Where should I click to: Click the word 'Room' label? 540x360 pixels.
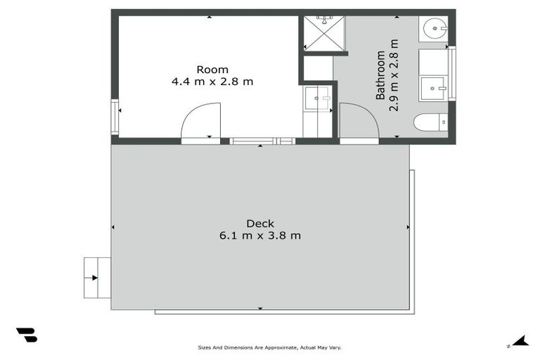pos(212,69)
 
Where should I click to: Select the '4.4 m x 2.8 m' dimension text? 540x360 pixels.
pos(212,82)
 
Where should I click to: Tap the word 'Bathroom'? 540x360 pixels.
pos(380,75)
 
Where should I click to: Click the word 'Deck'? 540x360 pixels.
pos(260,224)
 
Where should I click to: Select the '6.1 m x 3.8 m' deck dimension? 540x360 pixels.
pos(260,236)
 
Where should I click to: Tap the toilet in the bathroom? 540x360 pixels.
pos(430,122)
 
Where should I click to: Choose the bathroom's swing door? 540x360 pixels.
pos(359,121)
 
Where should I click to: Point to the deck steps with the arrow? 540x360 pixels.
pos(96,277)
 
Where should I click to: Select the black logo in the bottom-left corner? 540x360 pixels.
pos(27,335)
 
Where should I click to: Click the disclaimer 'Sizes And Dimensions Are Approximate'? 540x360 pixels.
pos(270,347)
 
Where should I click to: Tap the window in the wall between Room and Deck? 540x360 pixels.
pos(262,141)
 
